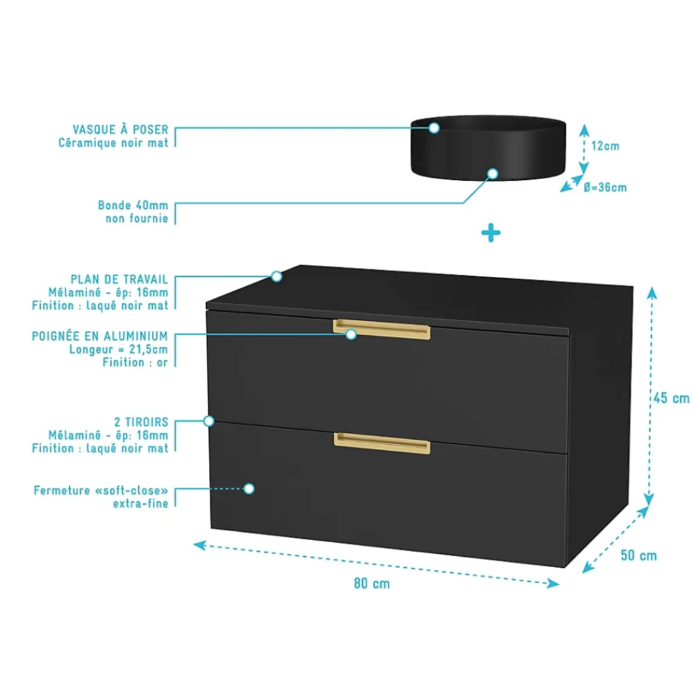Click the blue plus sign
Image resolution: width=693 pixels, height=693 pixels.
pos(491,233)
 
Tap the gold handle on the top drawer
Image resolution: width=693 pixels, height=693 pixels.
pos(381,329)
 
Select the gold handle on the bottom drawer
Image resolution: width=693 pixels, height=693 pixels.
pos(382,444)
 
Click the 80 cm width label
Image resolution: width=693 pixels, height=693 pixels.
pos(371,584)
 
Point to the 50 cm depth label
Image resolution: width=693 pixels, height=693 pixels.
pos(639,555)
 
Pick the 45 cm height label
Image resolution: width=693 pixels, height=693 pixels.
pos(672,398)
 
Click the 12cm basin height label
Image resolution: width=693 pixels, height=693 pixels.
pos(605,146)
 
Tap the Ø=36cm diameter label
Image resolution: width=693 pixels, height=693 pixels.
pos(604,187)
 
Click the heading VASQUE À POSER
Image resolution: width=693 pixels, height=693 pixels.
pos(120,129)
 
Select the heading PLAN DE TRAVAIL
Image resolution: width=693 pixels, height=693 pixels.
pos(119,279)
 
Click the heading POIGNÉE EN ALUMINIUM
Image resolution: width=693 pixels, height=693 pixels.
pos(100,336)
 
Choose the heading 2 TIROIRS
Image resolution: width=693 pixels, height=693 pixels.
pos(141,422)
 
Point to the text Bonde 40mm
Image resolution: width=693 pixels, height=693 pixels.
pos(133,205)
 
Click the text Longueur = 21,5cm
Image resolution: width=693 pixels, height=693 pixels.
pos(119,349)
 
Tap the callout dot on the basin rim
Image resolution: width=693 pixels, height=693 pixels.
pos(434,128)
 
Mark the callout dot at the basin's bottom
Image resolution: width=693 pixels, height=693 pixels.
pos(493,174)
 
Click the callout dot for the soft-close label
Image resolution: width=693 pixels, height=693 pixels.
pos(249,489)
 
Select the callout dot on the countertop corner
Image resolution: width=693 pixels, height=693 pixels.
pos(277,277)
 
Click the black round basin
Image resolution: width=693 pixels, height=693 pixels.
pos(489,148)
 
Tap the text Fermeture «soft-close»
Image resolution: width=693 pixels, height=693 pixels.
pos(100,491)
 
